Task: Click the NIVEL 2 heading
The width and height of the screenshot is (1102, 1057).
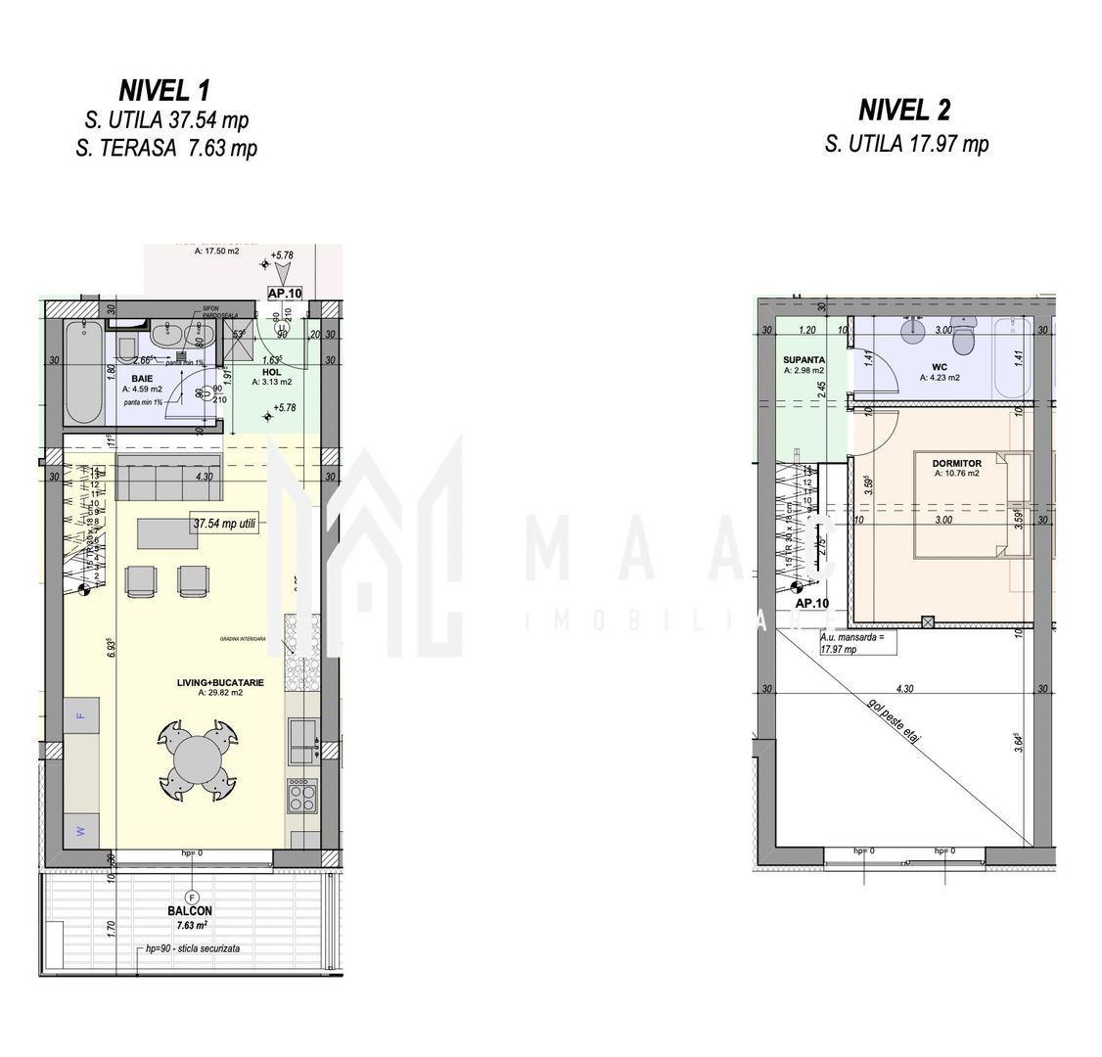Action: click(905, 110)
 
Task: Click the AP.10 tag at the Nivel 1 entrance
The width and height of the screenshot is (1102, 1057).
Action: click(286, 292)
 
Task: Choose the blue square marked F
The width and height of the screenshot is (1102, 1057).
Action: click(81, 715)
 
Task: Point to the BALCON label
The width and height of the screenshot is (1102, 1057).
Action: click(192, 910)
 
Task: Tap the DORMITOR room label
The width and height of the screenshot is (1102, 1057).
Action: click(956, 464)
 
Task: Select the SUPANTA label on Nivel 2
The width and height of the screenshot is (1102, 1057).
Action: click(804, 360)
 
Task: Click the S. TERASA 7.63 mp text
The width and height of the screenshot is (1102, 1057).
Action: click(165, 149)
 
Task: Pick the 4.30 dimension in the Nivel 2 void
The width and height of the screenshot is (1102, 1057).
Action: click(903, 689)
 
